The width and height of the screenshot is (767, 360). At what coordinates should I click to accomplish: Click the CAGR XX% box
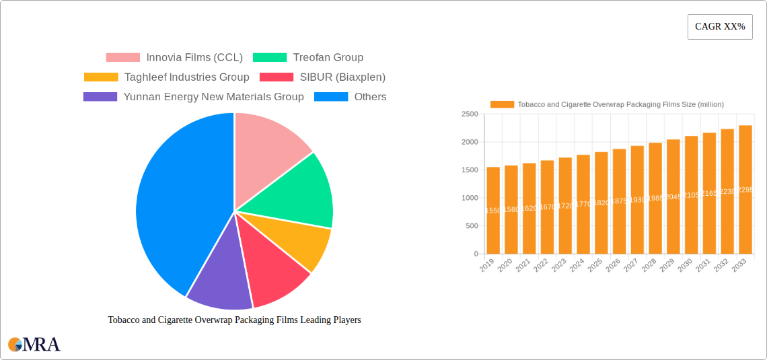(x=719, y=27)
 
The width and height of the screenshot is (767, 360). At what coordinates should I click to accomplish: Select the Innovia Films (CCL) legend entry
(x=194, y=58)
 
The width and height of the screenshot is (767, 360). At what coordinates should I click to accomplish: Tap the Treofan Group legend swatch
(x=270, y=58)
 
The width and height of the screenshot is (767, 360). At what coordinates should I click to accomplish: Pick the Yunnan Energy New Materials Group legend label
(x=213, y=97)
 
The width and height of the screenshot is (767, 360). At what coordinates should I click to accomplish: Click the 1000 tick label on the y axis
(x=470, y=198)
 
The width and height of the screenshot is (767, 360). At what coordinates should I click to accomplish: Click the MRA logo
(x=34, y=345)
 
